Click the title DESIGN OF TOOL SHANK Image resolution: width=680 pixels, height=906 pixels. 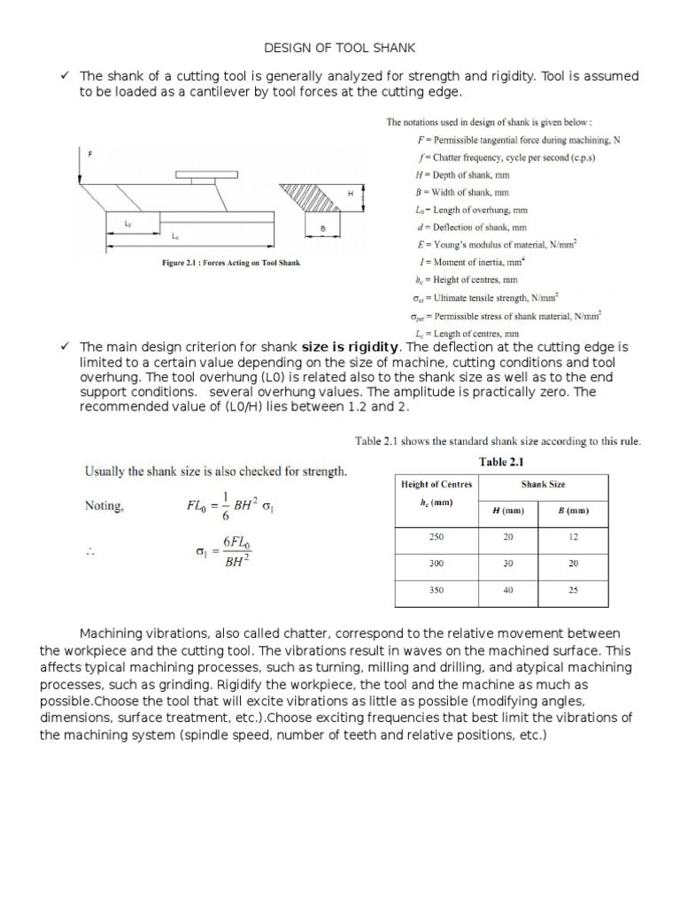pyautogui.click(x=340, y=47)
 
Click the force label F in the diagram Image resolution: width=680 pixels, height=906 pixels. pyautogui.click(x=89, y=154)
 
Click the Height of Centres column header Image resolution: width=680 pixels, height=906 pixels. pyautogui.click(x=437, y=484)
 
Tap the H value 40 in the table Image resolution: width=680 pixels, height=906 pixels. pyautogui.click(x=508, y=590)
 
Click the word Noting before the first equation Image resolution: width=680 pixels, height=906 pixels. pyautogui.click(x=104, y=507)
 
